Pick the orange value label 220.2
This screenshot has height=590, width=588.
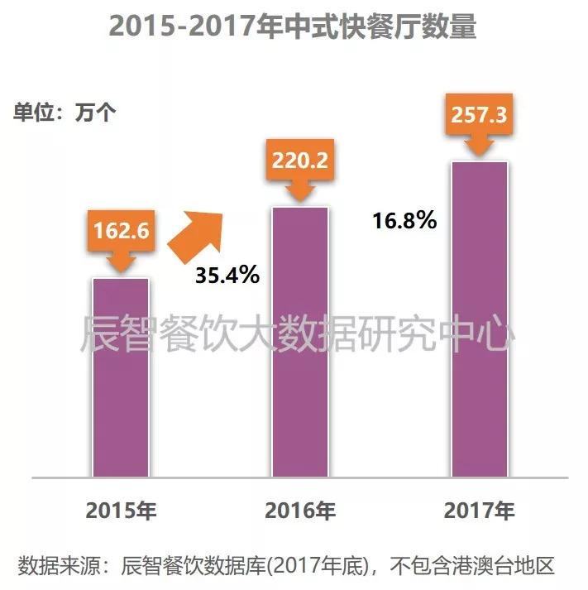[299, 159]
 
